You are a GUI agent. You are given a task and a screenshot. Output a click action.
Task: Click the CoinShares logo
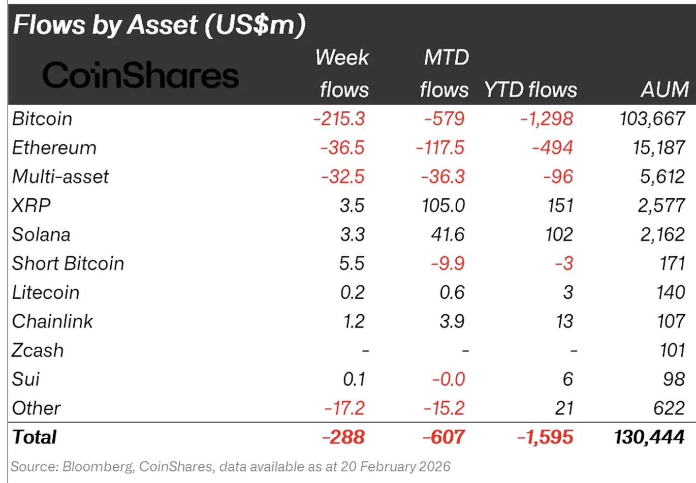point(140,76)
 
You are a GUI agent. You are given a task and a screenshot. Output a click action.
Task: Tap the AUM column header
point(664,90)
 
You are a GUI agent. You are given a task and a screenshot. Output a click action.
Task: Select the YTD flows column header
point(530,90)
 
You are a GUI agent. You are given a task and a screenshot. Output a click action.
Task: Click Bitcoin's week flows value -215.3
point(339,119)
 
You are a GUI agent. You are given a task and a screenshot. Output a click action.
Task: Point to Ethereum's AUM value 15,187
point(658,148)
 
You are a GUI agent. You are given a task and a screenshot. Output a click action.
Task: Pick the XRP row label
point(31,205)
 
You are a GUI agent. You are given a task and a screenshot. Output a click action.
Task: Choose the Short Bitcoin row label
point(68,263)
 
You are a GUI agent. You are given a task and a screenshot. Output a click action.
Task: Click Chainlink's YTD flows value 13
point(564,321)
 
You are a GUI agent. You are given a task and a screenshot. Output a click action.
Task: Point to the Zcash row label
point(38,350)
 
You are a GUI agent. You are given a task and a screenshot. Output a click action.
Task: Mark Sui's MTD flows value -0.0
point(448,379)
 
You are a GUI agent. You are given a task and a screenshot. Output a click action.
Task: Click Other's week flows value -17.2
point(344,408)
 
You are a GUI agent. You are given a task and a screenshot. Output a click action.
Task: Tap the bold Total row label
point(35,437)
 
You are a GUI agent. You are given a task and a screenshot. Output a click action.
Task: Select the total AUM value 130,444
point(649,437)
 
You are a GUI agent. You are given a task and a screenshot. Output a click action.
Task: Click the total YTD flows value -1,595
point(545,437)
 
